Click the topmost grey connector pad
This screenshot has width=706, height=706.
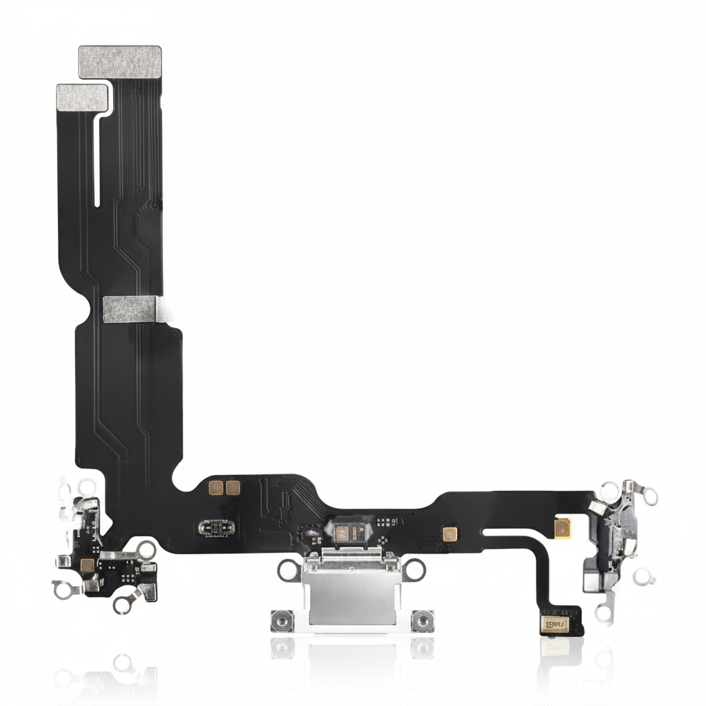(120, 61)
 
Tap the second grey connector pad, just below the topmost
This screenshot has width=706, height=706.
(83, 97)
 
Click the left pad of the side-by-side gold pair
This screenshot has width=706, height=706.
(214, 488)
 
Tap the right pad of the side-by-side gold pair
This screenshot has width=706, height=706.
(233, 488)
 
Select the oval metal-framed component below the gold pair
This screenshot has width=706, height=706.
(215, 528)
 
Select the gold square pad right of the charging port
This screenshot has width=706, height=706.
(451, 534)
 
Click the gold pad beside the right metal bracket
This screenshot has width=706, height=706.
(563, 526)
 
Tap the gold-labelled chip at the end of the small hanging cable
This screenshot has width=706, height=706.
(554, 625)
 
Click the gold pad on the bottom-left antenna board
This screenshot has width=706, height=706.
(87, 565)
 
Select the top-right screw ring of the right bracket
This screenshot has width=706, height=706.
(649, 494)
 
